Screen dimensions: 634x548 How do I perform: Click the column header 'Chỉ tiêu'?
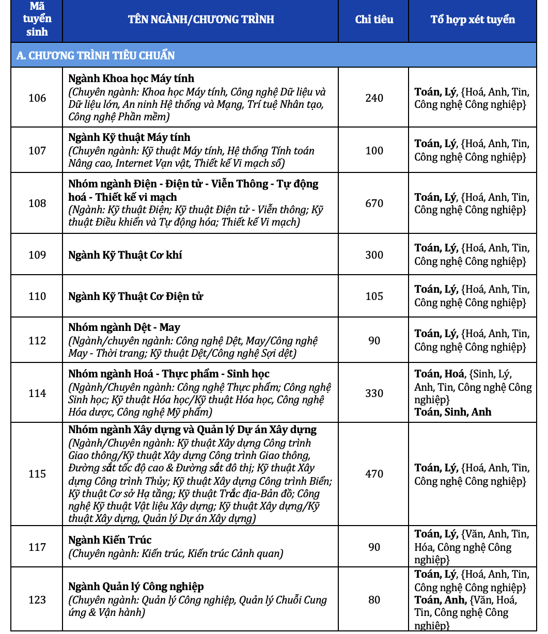click(x=374, y=20)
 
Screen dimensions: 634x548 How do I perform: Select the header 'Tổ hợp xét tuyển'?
click(x=473, y=20)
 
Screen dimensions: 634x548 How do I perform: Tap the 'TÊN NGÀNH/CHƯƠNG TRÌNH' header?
click(x=201, y=20)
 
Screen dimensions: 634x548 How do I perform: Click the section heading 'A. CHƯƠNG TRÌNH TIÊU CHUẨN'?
click(x=96, y=55)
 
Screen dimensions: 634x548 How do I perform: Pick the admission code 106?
click(x=37, y=98)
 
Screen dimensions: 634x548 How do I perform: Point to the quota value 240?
click(x=374, y=98)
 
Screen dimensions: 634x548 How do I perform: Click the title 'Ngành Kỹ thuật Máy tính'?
click(x=129, y=137)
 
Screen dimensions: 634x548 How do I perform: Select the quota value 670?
click(x=374, y=203)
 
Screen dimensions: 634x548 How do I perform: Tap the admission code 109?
click(x=37, y=255)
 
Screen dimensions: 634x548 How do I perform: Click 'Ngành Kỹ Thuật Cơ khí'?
click(x=125, y=255)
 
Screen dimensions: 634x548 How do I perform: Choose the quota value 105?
click(x=374, y=296)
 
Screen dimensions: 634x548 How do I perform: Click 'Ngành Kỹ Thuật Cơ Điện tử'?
click(x=136, y=296)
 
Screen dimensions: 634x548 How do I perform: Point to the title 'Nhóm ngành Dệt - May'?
click(x=124, y=328)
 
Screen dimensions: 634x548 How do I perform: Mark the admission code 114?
click(x=37, y=393)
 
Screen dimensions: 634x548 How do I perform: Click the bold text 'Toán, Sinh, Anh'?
click(x=453, y=412)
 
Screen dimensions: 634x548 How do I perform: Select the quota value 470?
click(x=374, y=474)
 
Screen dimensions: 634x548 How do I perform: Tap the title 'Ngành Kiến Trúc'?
click(x=110, y=540)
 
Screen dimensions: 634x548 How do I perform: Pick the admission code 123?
click(x=37, y=600)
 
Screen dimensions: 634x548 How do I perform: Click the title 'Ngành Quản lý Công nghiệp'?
click(x=136, y=587)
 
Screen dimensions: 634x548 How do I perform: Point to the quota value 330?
click(x=374, y=393)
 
